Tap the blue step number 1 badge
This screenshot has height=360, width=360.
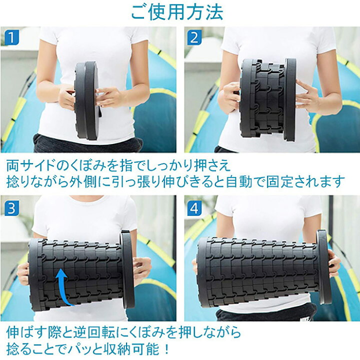(10, 37)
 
